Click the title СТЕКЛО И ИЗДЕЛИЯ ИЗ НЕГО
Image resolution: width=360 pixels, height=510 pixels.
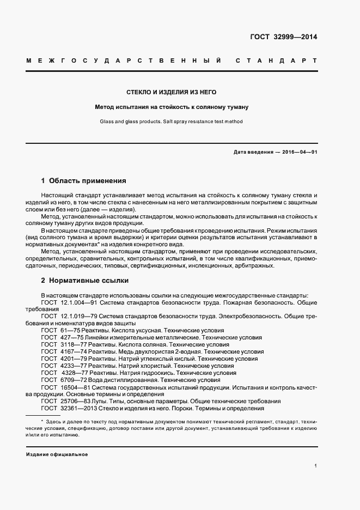coord(172,92)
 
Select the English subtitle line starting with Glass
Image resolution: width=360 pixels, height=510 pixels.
coord(172,122)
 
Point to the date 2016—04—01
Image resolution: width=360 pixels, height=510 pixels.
coord(298,152)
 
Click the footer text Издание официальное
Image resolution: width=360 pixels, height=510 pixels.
coord(57,454)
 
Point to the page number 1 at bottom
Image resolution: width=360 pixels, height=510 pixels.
coord(315,465)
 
